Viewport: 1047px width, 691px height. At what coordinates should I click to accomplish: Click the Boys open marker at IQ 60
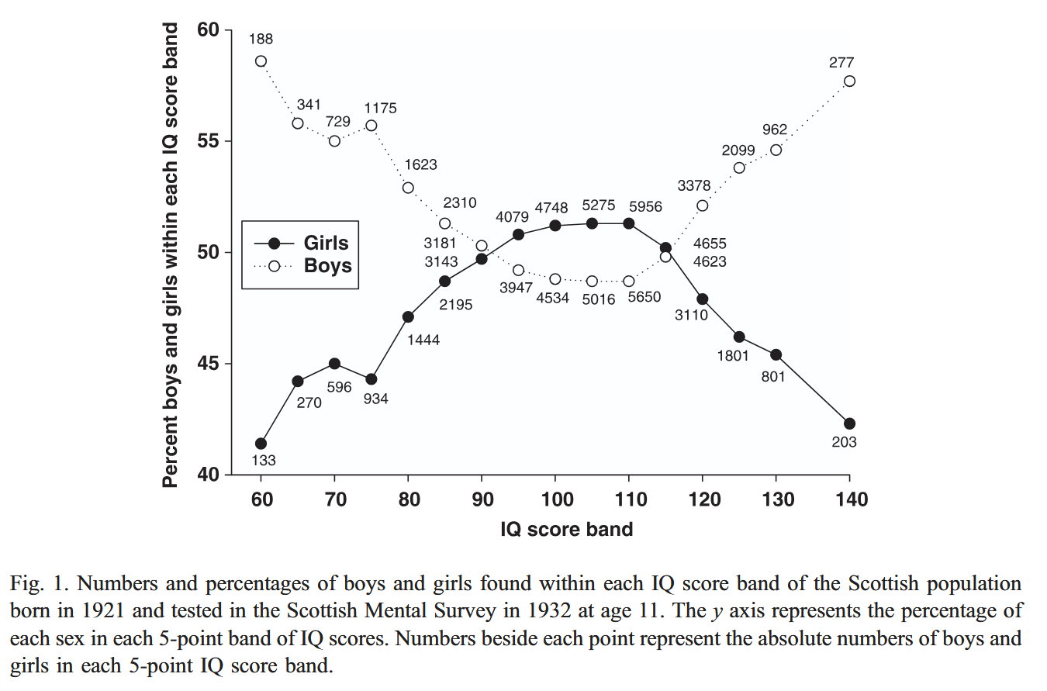tap(261, 61)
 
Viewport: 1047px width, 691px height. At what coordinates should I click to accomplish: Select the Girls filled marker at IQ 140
tap(849, 423)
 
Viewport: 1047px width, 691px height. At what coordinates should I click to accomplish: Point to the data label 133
tap(264, 461)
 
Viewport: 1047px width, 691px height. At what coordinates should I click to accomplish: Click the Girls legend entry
tap(326, 243)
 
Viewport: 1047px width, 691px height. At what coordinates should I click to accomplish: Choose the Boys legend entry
tap(327, 266)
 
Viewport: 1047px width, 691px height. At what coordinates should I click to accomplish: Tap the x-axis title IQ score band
tap(567, 530)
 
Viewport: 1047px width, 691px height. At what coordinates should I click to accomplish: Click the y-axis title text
tap(170, 256)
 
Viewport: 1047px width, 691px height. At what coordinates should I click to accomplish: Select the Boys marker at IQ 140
tap(849, 81)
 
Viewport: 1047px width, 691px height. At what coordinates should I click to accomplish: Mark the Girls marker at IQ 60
tap(261, 444)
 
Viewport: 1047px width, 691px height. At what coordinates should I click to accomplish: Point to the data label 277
tap(841, 63)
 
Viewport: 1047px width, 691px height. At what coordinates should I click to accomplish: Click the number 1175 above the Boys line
tap(380, 109)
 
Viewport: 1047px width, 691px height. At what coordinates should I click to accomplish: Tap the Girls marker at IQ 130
tap(776, 354)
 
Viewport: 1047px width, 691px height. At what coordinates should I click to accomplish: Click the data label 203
tap(844, 442)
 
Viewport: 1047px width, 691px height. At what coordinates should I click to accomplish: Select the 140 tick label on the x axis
tap(850, 499)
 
